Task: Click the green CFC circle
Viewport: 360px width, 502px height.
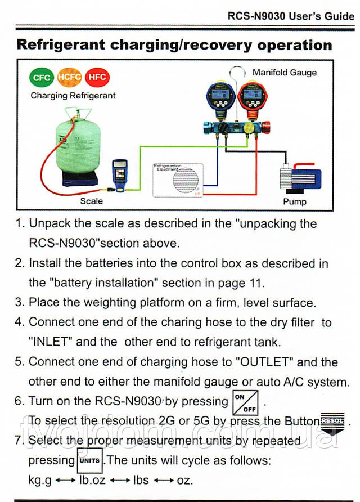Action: pos(40,78)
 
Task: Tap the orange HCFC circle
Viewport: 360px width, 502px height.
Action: pos(70,77)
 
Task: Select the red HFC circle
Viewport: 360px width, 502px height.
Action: pos(98,78)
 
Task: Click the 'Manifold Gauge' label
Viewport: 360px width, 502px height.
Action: pos(284,73)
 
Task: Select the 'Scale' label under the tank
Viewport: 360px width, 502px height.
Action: pos(92,201)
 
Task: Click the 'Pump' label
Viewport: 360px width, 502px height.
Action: pos(294,201)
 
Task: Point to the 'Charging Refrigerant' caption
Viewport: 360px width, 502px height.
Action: pos(73,96)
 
